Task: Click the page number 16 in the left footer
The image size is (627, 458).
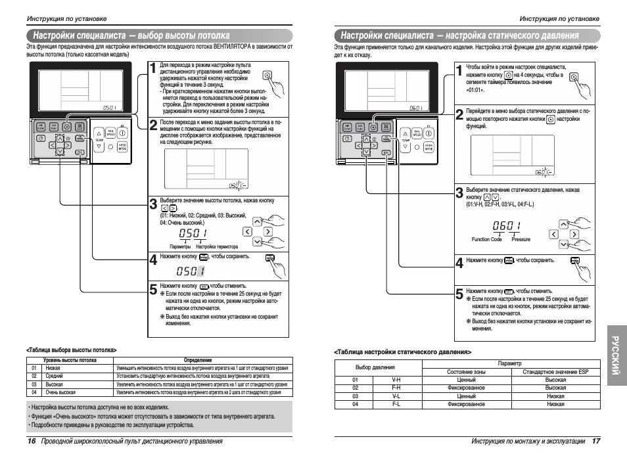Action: tap(31, 440)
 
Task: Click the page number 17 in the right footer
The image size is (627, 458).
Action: tap(596, 440)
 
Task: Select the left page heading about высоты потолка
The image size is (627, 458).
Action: tap(129, 35)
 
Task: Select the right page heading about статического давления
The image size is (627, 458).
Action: tap(457, 35)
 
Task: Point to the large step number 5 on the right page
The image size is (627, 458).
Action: tap(459, 294)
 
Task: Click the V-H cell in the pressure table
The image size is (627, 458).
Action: tap(396, 380)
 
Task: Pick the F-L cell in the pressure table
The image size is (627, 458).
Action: tap(396, 404)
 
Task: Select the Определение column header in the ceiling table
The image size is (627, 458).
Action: tap(198, 360)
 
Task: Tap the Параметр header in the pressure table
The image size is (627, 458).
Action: tap(510, 363)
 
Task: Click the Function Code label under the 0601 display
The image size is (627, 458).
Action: tap(486, 239)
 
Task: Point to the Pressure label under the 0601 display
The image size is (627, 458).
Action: tap(521, 239)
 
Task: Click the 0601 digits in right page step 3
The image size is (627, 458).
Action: tap(506, 225)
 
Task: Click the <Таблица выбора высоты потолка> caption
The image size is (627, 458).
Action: tap(76, 350)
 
